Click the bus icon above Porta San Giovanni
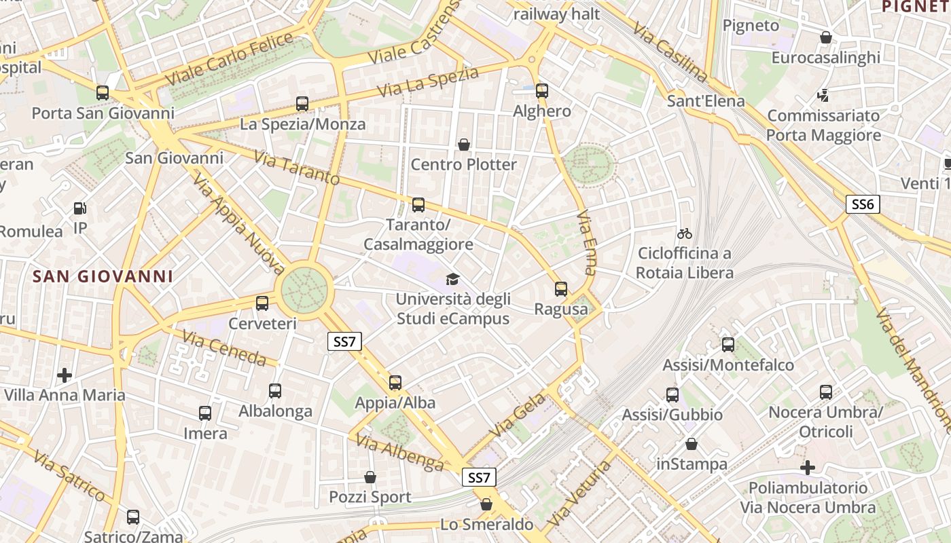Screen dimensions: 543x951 point(103,93)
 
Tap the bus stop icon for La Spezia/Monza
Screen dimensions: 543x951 point(302,104)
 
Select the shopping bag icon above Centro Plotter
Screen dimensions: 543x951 point(464,145)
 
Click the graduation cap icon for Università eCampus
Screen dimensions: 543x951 point(452,279)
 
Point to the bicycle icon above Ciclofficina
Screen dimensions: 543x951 point(685,234)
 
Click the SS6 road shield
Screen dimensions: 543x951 point(863,204)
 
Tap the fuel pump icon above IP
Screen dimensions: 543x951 point(80,208)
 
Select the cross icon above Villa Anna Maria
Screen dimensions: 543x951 point(65,375)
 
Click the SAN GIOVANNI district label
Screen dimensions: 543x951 point(103,277)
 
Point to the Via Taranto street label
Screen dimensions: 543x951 point(297,168)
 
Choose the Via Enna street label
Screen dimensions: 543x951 point(586,242)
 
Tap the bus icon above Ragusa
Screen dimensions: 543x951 point(561,289)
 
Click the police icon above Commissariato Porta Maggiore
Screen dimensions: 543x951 point(823,95)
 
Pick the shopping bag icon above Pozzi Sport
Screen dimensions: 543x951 point(370,477)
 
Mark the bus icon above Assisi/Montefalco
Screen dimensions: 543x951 point(728,345)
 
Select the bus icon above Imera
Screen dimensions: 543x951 point(205,413)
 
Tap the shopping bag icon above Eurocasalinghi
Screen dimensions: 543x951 point(826,37)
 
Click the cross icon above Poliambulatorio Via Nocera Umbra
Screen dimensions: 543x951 point(808,468)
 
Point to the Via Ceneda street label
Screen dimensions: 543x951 point(224,347)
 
